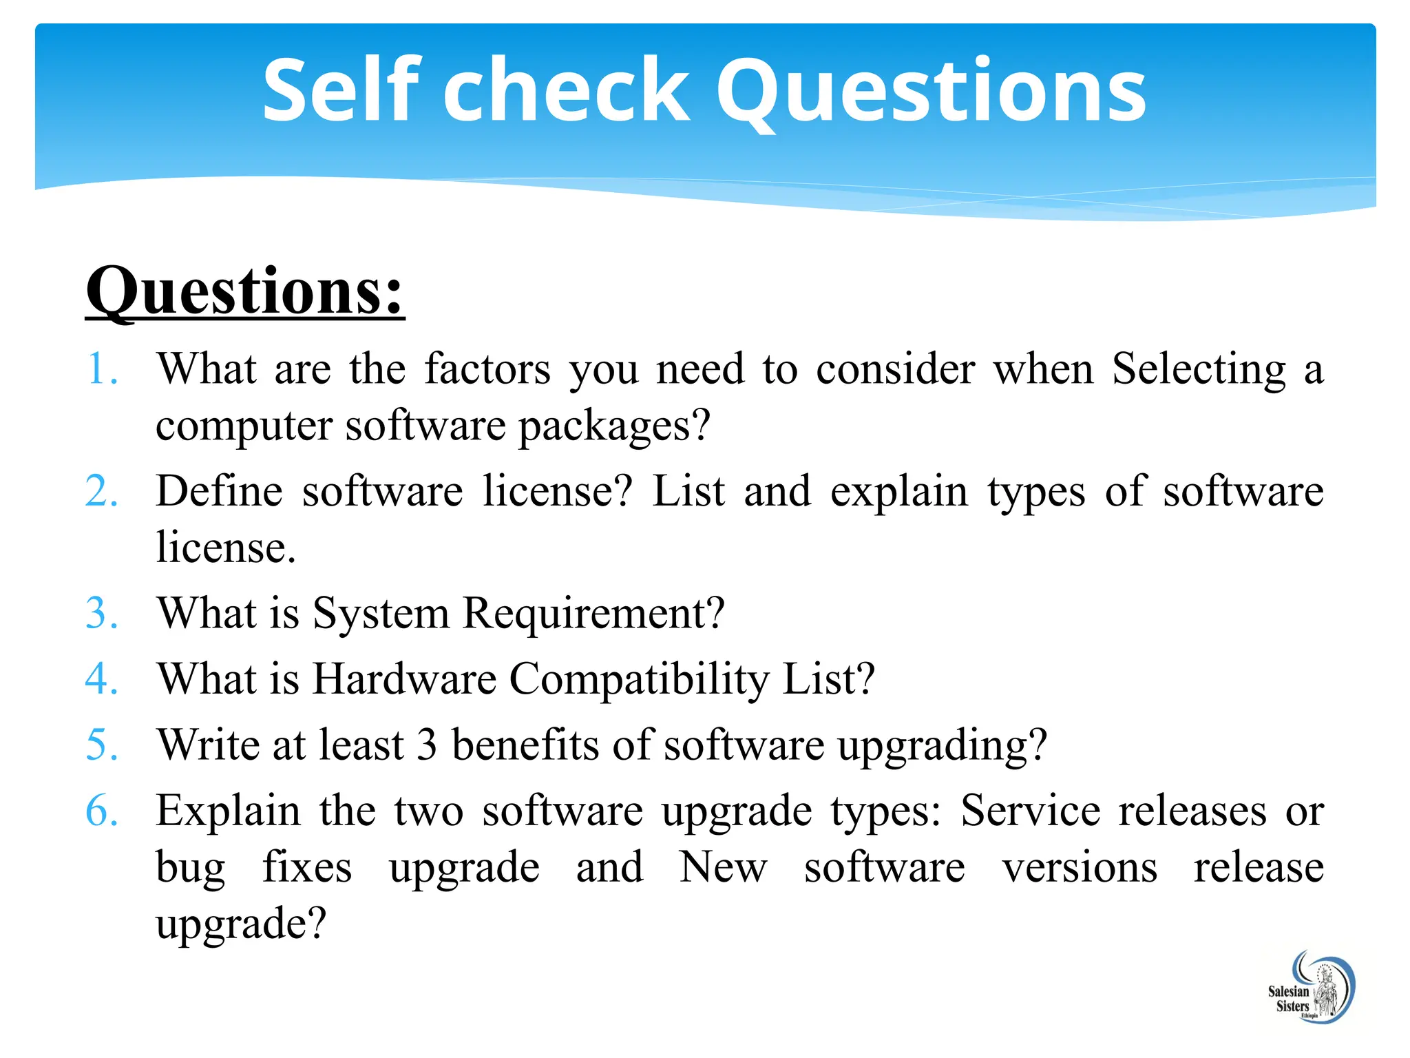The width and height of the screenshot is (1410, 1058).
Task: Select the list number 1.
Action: point(102,369)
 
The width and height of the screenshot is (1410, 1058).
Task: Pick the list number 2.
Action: point(102,491)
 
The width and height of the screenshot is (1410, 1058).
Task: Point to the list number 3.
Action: point(102,612)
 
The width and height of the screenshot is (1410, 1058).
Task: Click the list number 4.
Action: point(102,678)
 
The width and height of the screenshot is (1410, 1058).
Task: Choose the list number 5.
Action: point(102,745)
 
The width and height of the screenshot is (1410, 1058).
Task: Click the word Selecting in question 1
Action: point(1199,369)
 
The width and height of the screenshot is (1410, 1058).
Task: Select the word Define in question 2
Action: point(220,491)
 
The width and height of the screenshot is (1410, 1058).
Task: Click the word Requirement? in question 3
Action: point(593,612)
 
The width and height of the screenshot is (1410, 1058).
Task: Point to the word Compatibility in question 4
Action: point(639,680)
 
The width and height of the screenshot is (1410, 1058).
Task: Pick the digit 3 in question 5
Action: point(427,745)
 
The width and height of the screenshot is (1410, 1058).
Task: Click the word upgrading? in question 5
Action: point(942,746)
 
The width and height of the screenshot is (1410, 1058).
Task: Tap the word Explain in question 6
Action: point(228,811)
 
